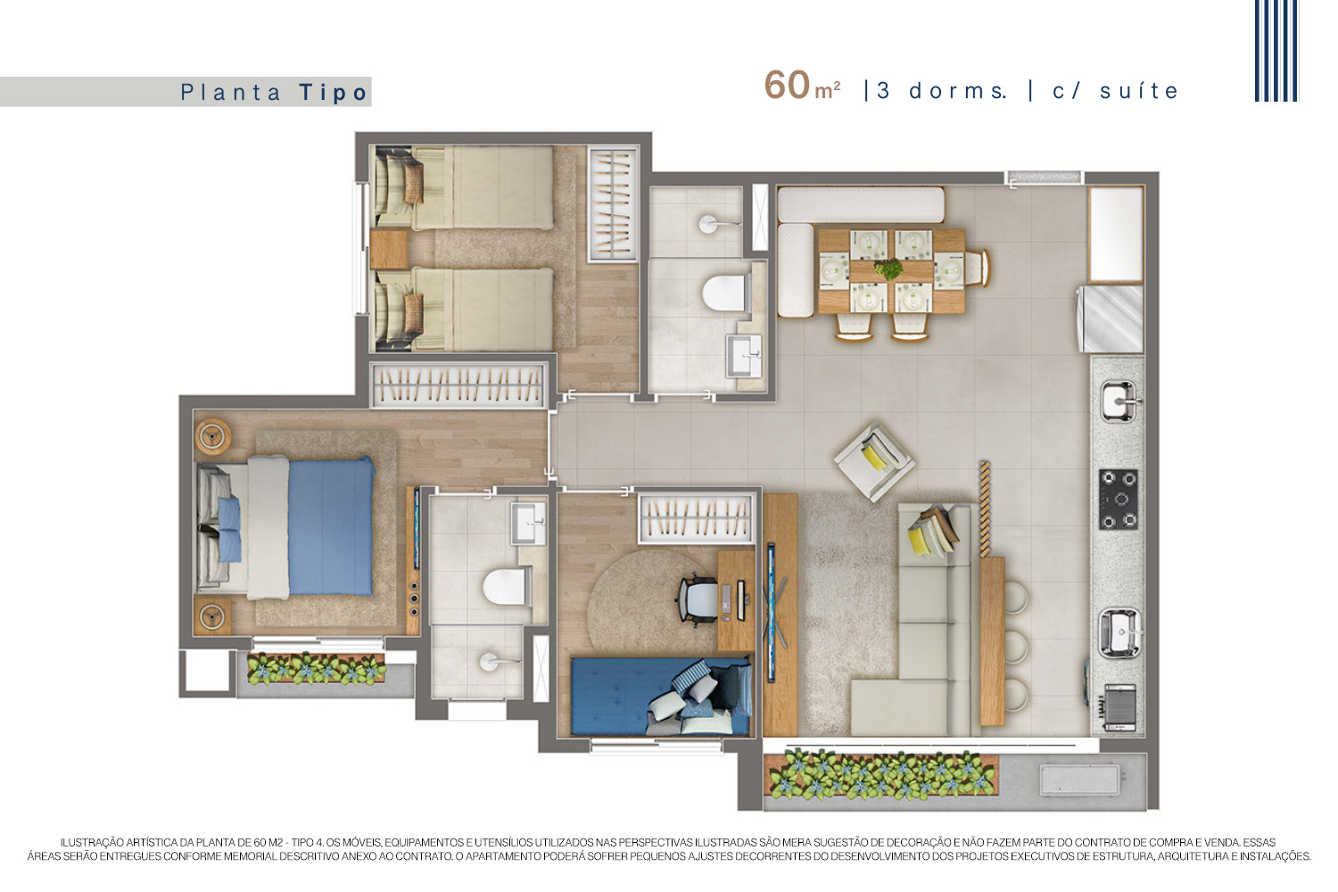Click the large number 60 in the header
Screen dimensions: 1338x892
tap(787, 86)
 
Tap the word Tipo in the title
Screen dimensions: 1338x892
tap(334, 93)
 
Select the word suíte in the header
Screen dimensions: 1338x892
tap(1139, 91)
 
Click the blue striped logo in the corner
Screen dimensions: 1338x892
tap(1276, 51)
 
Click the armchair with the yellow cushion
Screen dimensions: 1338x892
tap(874, 460)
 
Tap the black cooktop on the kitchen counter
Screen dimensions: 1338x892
tap(1119, 500)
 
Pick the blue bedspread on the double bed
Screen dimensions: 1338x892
tap(331, 525)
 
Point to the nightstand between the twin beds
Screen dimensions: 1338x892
tap(389, 249)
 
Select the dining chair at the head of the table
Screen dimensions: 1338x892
tap(978, 268)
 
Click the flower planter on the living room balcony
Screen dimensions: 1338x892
tap(880, 775)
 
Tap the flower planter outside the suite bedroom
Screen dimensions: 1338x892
tap(317, 668)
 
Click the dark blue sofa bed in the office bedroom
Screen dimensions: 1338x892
tap(661, 697)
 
